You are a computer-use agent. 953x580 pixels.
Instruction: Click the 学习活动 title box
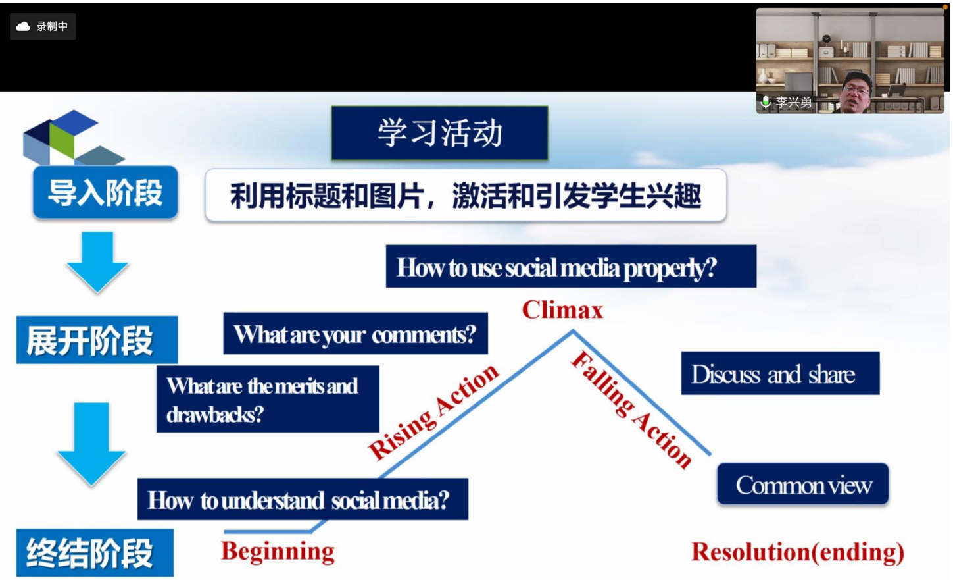(439, 133)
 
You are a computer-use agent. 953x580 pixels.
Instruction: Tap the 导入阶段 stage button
(105, 192)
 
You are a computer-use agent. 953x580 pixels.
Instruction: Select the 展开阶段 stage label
(97, 340)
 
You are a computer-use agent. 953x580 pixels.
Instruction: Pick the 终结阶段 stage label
(95, 553)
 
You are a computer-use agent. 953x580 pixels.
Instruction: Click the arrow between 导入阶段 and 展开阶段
(97, 262)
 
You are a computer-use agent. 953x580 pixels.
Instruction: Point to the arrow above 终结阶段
(91, 444)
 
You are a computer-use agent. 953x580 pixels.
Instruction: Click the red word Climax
(562, 309)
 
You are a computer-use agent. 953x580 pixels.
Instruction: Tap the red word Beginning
(278, 552)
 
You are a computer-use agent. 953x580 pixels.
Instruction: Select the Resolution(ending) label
(798, 552)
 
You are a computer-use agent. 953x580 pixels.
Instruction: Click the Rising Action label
(433, 411)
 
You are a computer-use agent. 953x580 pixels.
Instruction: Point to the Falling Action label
(632, 409)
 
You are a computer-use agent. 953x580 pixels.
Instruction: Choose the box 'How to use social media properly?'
(571, 266)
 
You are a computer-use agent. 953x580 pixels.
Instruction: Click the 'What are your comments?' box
(356, 333)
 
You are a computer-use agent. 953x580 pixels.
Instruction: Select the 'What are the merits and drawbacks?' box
(268, 399)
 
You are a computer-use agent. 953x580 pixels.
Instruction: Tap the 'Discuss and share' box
(780, 373)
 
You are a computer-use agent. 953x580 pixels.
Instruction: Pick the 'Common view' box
(803, 484)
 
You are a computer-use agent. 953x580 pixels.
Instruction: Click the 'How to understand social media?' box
(303, 499)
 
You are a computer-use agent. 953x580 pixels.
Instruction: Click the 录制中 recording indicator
(43, 26)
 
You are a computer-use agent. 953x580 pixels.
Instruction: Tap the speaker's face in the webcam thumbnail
(856, 92)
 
